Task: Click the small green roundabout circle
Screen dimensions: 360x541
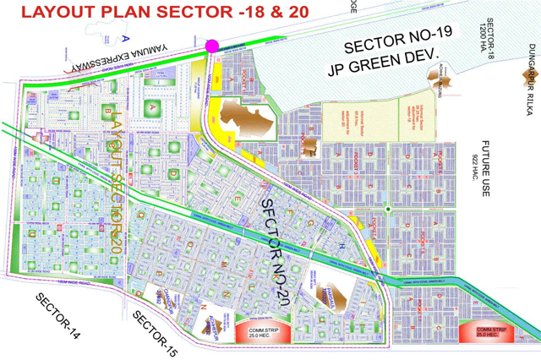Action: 386,208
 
